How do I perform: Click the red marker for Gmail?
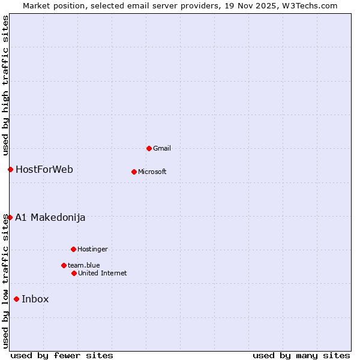[149, 148]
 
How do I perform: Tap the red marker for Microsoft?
[134, 172]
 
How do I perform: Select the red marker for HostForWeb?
[10, 169]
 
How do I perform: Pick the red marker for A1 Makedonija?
[10, 217]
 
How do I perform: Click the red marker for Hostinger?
[73, 249]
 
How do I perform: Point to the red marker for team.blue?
[64, 265]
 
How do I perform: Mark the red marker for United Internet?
[74, 273]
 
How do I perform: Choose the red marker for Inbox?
[16, 299]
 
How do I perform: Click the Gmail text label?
[162, 148]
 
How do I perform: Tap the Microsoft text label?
[152, 172]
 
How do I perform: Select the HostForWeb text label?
[44, 169]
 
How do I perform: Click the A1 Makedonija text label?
[50, 217]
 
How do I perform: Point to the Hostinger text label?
[92, 249]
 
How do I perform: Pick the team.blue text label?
[84, 265]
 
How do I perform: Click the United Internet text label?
[103, 273]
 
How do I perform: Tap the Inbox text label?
[35, 299]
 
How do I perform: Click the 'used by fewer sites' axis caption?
[62, 355]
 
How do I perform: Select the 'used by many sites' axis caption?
[301, 355]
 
